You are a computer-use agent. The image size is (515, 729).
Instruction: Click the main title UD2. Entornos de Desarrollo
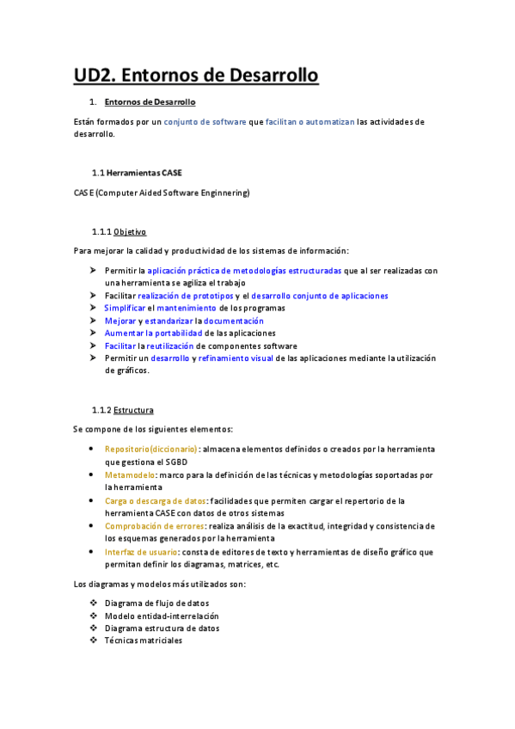point(196,76)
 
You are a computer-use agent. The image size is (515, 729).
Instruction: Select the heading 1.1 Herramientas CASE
point(137,173)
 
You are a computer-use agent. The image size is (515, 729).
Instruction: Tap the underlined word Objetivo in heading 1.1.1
point(130,232)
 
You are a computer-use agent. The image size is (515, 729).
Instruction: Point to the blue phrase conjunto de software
point(205,122)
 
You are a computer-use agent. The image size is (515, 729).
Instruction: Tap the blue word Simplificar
point(124,308)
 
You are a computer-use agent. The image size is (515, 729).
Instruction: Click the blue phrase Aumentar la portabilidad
point(154,333)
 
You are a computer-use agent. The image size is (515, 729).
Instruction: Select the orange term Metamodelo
point(130,475)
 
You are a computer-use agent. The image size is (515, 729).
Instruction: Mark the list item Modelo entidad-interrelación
point(162,616)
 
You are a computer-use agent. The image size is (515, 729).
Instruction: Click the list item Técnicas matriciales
point(143,640)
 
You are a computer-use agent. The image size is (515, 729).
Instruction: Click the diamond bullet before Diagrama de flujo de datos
point(94,603)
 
